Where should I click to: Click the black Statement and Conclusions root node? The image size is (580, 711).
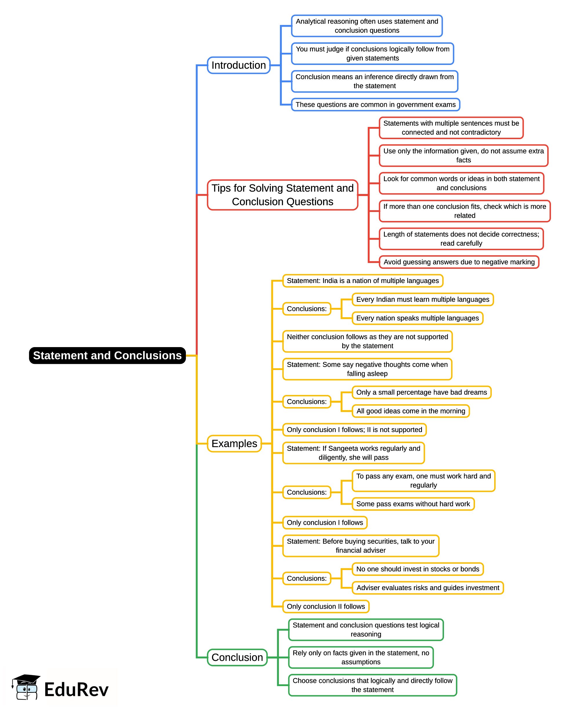point(107,355)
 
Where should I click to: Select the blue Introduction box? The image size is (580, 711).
point(239,65)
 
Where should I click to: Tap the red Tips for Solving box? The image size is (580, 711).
point(282,195)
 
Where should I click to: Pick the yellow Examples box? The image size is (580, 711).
point(234,444)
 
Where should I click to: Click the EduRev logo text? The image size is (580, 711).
point(77,690)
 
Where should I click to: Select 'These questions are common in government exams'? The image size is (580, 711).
point(376,105)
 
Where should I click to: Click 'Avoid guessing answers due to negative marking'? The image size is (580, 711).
point(459,262)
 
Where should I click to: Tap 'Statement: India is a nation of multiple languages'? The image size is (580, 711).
point(363,281)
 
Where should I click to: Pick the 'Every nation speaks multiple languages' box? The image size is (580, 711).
point(418,318)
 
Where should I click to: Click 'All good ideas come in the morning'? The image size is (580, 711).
point(411,411)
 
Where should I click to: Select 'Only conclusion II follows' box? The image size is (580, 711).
point(326,606)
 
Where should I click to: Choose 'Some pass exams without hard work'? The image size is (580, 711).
point(413,504)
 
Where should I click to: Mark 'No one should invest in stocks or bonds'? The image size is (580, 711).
point(418,569)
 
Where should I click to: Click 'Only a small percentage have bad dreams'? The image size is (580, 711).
point(422,392)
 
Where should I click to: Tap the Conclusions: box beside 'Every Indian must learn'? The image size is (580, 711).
point(307,309)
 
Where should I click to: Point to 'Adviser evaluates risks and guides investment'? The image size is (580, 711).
point(428,588)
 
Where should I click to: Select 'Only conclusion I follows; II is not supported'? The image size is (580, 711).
point(354,430)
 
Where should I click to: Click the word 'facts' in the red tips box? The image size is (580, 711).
point(463,160)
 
